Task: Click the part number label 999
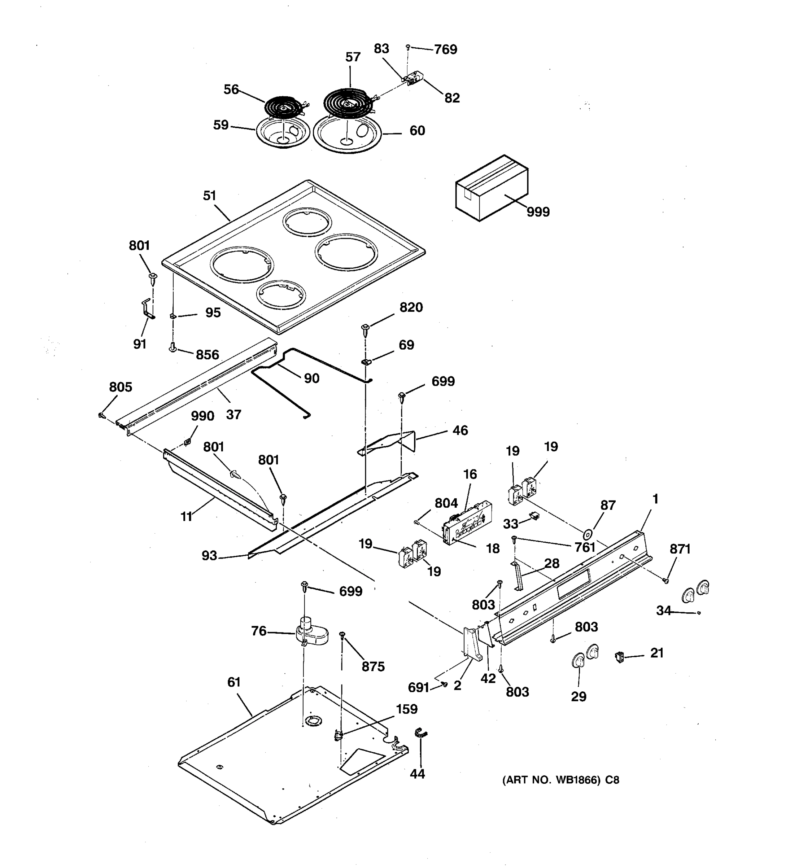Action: pos(538,212)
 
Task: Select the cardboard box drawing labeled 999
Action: pos(492,188)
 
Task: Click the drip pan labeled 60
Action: pos(347,134)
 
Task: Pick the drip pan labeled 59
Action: pos(282,132)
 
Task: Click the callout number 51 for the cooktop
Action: pos(210,196)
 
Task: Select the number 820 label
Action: pos(411,307)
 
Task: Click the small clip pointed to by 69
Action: pos(366,361)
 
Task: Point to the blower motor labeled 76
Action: pos(311,635)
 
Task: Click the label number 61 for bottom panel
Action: pos(234,682)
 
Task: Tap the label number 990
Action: pos(202,416)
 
